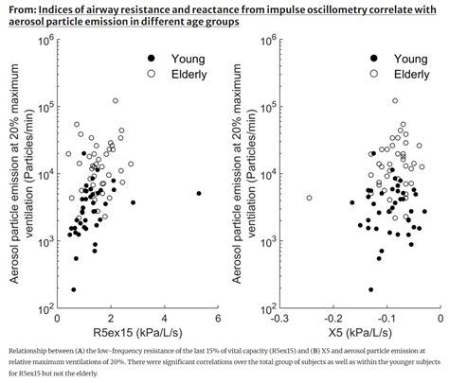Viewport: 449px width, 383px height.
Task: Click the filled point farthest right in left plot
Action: (199, 193)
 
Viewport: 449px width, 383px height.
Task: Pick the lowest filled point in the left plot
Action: (74, 290)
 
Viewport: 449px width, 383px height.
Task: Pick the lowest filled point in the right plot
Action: (370, 289)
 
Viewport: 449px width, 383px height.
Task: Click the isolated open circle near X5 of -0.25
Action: (309, 198)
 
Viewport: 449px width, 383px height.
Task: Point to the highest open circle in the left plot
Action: (116, 100)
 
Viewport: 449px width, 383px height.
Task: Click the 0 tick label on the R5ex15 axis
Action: (59, 318)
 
